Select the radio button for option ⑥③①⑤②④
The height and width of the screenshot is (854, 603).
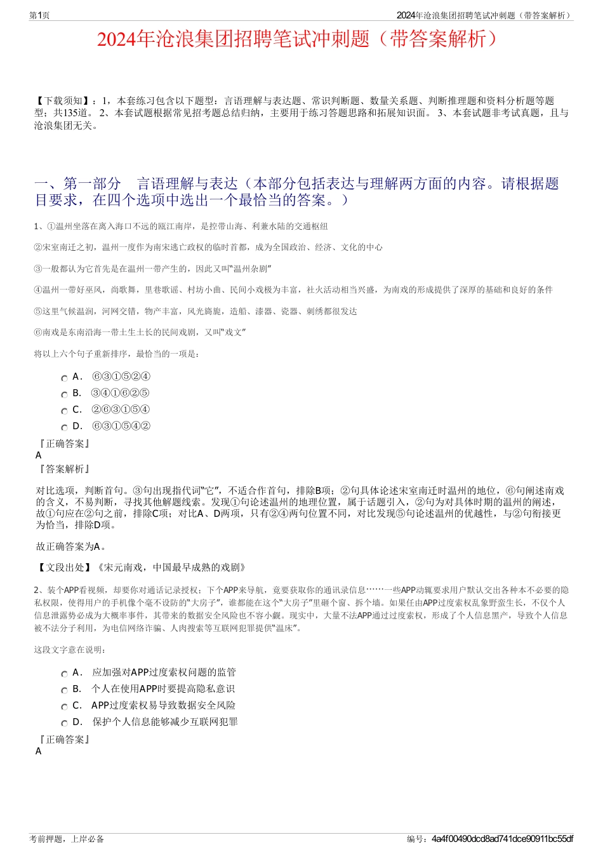(64, 378)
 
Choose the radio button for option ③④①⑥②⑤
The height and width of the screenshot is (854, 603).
(64, 395)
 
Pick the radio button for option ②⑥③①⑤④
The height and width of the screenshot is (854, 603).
(64, 411)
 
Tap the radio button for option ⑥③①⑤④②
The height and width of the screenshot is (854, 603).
(64, 428)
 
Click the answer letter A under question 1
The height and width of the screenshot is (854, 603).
(39, 455)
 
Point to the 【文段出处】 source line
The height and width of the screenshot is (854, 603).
(141, 568)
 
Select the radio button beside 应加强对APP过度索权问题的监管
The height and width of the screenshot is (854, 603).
(64, 674)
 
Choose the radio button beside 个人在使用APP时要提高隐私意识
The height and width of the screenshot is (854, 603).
(64, 691)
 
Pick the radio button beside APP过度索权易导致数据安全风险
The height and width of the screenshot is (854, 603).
(64, 707)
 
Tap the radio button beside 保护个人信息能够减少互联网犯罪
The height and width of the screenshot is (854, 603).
(64, 724)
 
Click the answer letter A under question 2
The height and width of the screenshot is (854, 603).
(39, 751)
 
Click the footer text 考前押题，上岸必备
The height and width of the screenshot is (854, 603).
(67, 839)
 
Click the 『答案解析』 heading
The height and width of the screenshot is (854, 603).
(64, 469)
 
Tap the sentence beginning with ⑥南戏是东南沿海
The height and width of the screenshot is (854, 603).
(140, 332)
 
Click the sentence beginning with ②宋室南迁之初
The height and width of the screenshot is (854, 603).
(208, 248)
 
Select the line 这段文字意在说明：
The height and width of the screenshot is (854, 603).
(70, 650)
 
